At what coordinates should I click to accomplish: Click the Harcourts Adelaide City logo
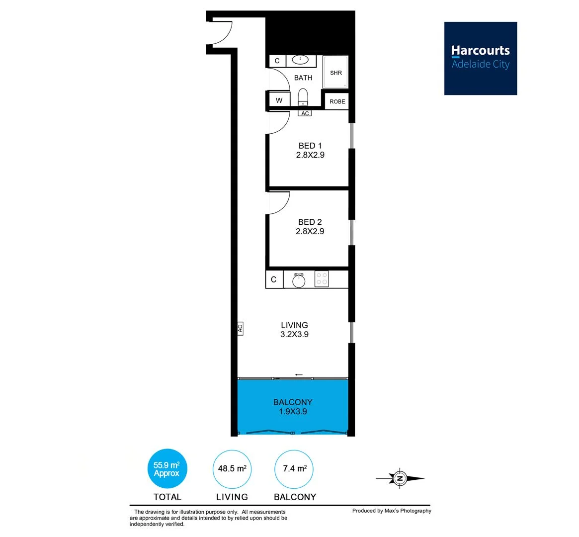(480, 58)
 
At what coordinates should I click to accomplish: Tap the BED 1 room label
(310, 150)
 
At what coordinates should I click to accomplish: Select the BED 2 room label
(310, 227)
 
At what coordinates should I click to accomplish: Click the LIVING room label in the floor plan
(294, 330)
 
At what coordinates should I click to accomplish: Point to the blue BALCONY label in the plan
(293, 407)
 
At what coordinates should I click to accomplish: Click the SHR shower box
(336, 73)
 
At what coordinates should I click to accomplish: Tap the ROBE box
(337, 101)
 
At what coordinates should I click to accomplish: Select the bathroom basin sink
(300, 60)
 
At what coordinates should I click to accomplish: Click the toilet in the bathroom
(303, 96)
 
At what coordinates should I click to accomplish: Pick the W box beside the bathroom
(279, 100)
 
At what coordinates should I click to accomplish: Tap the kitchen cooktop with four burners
(322, 279)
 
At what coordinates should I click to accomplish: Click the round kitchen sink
(299, 280)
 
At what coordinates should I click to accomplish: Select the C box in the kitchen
(274, 280)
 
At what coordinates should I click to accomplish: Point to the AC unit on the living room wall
(240, 328)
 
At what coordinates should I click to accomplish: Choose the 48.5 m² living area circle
(232, 469)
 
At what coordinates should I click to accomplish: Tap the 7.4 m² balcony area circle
(294, 469)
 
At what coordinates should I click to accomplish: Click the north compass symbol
(400, 479)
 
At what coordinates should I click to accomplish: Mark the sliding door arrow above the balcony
(299, 375)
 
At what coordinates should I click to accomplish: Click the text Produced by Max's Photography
(392, 511)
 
